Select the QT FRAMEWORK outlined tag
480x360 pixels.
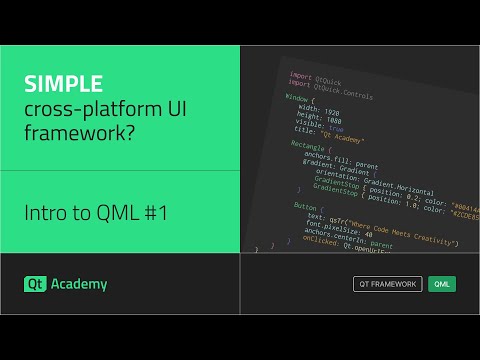click(388, 284)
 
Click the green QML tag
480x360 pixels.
click(441, 284)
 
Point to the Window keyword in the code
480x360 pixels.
click(297, 99)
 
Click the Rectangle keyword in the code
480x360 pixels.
click(296, 146)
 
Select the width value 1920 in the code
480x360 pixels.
click(332, 110)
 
